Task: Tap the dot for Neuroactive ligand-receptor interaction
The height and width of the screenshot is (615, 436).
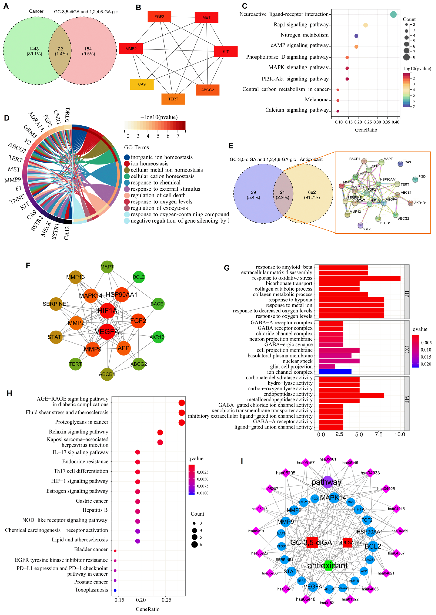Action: [x=393, y=14]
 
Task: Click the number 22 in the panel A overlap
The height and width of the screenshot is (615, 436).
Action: [x=60, y=49]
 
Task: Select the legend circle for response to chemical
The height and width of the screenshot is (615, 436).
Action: [x=127, y=183]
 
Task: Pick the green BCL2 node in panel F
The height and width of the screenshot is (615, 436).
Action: [x=138, y=277]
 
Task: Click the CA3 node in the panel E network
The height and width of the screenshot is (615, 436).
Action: [x=400, y=163]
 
